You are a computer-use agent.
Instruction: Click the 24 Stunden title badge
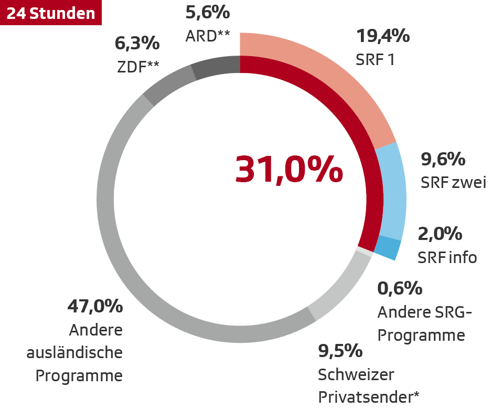coord(51,13)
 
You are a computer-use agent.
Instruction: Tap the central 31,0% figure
coord(289,169)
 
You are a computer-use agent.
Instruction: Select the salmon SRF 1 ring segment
coord(336,79)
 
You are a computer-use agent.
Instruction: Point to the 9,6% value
coord(443,159)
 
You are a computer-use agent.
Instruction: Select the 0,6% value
coord(400,288)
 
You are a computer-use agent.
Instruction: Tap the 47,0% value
coord(95,306)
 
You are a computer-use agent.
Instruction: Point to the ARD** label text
coord(208,36)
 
